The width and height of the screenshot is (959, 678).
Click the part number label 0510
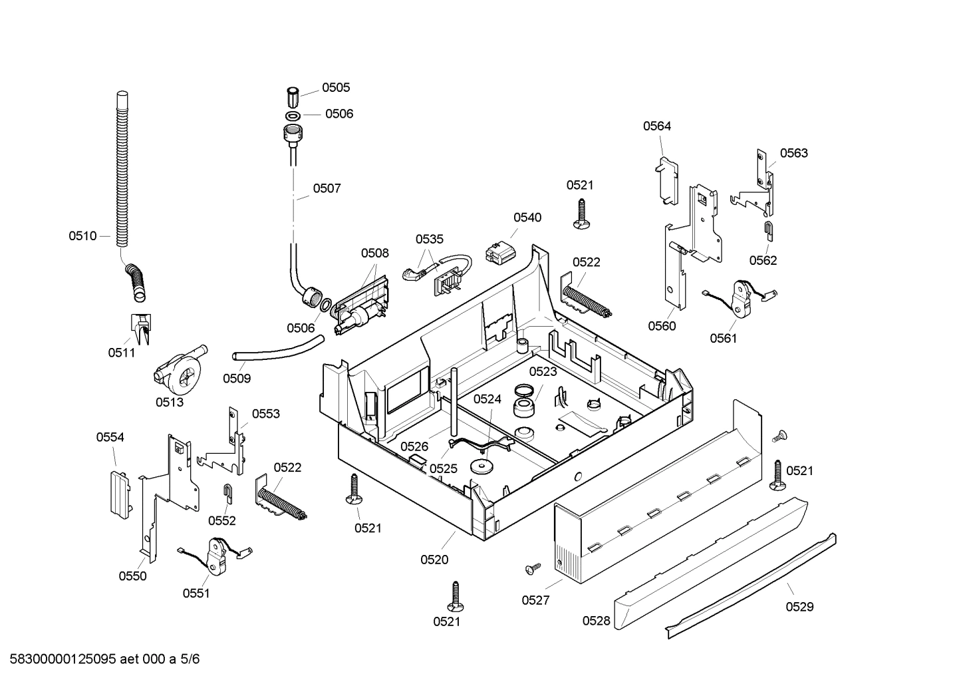click(x=82, y=236)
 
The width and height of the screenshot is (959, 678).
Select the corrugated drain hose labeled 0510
click(x=121, y=173)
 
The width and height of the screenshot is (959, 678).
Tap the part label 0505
click(x=336, y=87)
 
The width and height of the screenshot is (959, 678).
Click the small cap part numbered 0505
click(x=293, y=97)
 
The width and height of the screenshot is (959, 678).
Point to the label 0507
click(x=327, y=188)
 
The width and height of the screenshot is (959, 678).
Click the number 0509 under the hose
click(x=237, y=378)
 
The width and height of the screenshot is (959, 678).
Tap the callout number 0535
click(x=430, y=239)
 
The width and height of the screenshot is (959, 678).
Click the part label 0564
click(x=656, y=126)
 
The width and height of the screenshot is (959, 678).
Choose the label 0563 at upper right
click(x=793, y=153)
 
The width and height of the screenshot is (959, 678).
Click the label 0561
click(x=724, y=338)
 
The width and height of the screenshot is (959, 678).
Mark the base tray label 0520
click(x=434, y=560)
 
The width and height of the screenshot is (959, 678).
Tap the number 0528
click(x=597, y=620)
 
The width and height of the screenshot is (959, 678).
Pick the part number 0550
click(x=132, y=576)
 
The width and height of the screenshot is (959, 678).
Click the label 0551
click(x=196, y=593)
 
